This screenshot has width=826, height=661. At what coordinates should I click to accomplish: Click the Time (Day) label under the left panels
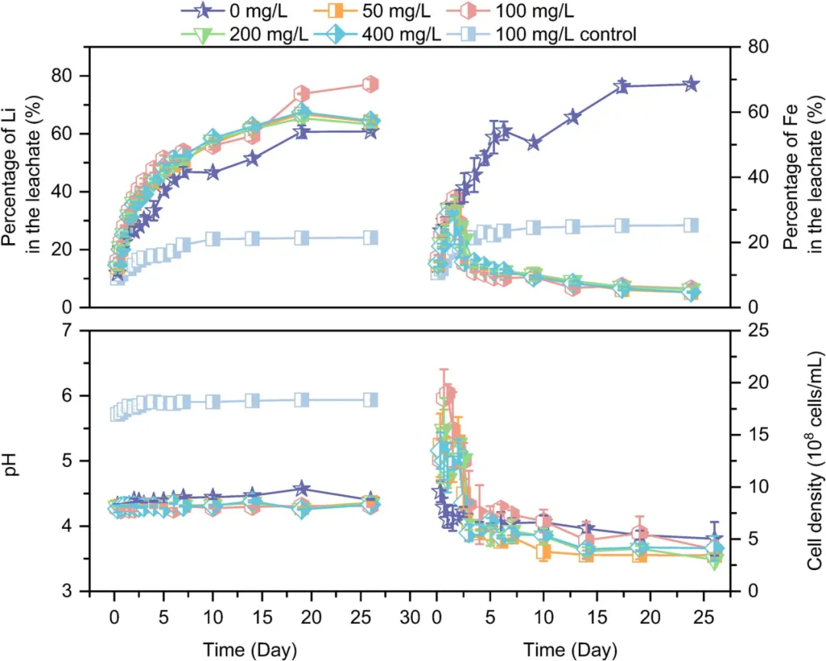(x=250, y=650)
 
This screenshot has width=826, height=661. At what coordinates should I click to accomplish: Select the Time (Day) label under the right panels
(x=570, y=650)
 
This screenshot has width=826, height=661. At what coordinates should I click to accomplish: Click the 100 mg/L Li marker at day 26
(x=370, y=84)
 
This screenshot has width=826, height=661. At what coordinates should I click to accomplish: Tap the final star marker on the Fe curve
(x=691, y=84)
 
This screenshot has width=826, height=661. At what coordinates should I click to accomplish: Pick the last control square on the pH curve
(x=370, y=400)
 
